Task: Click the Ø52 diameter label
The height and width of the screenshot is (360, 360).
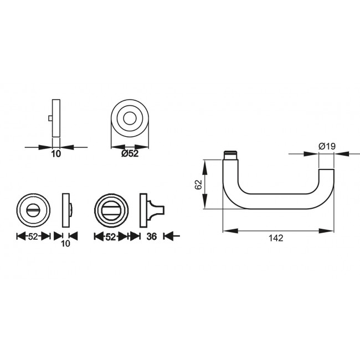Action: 129,154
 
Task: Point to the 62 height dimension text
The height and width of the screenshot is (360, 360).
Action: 198,184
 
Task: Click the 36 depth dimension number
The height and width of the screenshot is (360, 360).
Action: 153,236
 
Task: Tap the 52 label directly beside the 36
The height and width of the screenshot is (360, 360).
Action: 110,236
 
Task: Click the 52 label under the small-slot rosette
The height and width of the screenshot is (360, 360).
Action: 33,236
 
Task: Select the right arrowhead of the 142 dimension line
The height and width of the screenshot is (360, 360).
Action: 331,230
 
